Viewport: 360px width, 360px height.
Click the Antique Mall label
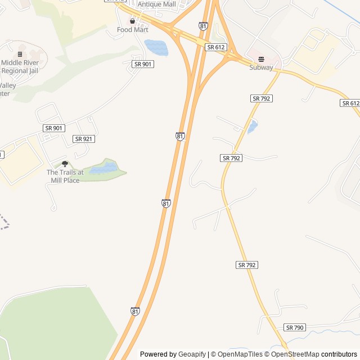157,4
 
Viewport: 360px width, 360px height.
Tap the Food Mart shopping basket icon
132,21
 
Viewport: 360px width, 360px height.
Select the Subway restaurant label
262,67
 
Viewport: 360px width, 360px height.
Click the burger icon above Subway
261,59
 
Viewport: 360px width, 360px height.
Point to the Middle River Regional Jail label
21,66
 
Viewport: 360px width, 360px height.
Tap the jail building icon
20,54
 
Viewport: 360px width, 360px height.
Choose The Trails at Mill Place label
65,176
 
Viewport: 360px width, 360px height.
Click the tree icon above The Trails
65,164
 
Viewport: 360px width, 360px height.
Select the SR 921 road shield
84,139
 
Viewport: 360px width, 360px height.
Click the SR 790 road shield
295,327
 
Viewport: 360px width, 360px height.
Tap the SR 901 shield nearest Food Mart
143,64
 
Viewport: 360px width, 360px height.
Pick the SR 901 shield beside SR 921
53,128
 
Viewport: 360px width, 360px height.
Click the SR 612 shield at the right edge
349,103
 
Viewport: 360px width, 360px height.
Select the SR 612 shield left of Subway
217,48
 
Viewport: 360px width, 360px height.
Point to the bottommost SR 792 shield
247,264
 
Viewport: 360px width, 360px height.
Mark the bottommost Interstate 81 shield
135,311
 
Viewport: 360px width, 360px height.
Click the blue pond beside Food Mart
156,47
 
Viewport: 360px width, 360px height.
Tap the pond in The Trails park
103,168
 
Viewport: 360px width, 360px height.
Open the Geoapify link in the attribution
192,354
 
